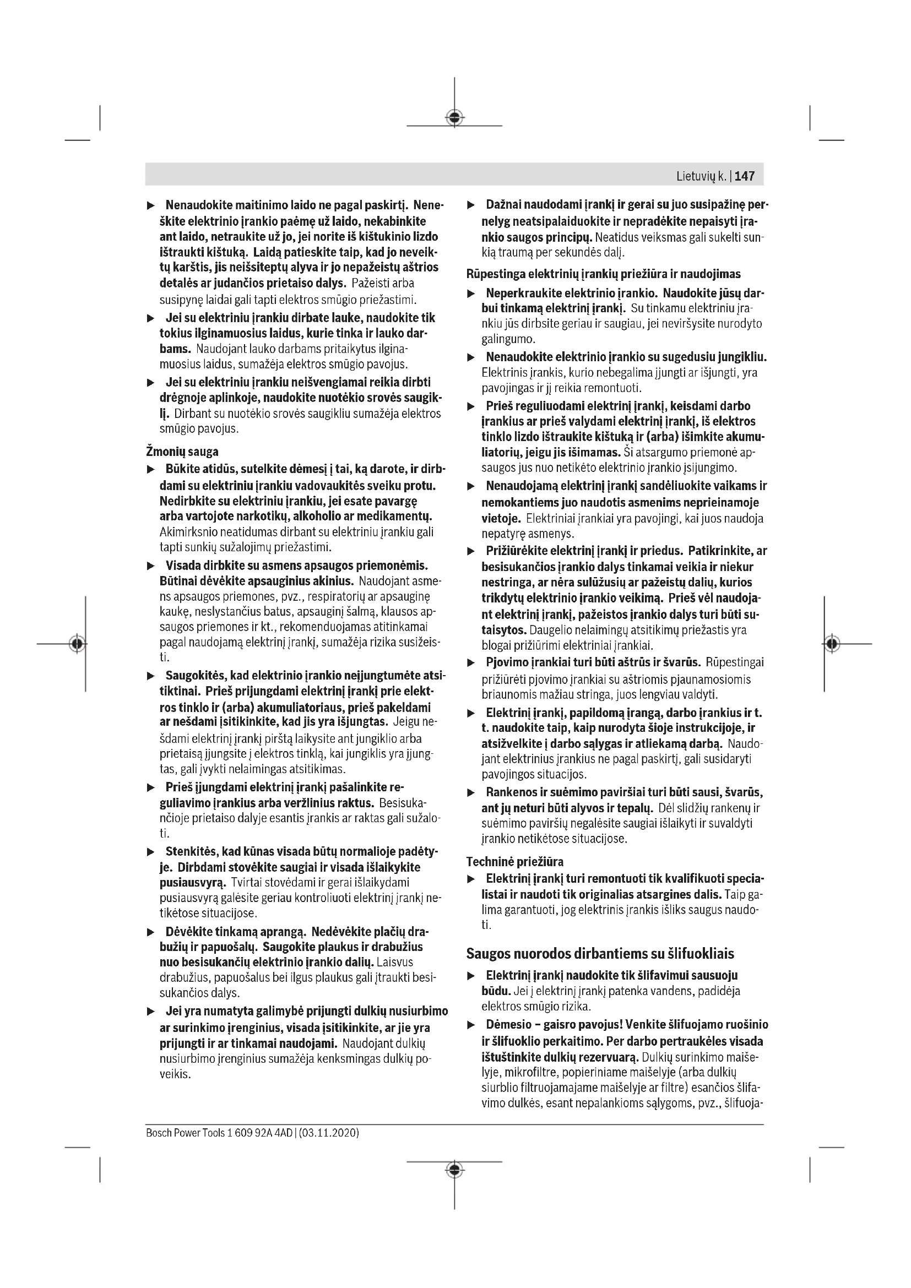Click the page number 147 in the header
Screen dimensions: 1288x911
(x=745, y=176)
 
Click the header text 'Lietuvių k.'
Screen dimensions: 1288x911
(x=701, y=176)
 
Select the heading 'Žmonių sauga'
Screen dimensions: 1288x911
(x=182, y=451)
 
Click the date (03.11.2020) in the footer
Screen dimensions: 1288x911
(x=330, y=1133)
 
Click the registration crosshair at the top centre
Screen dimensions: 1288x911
(x=454, y=117)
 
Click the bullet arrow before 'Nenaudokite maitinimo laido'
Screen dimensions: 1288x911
(x=150, y=206)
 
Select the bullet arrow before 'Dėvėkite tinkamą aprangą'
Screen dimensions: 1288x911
(x=150, y=932)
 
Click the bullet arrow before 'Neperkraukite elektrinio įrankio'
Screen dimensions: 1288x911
(x=471, y=294)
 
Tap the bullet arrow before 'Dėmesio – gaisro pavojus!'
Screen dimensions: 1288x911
(x=471, y=1025)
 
